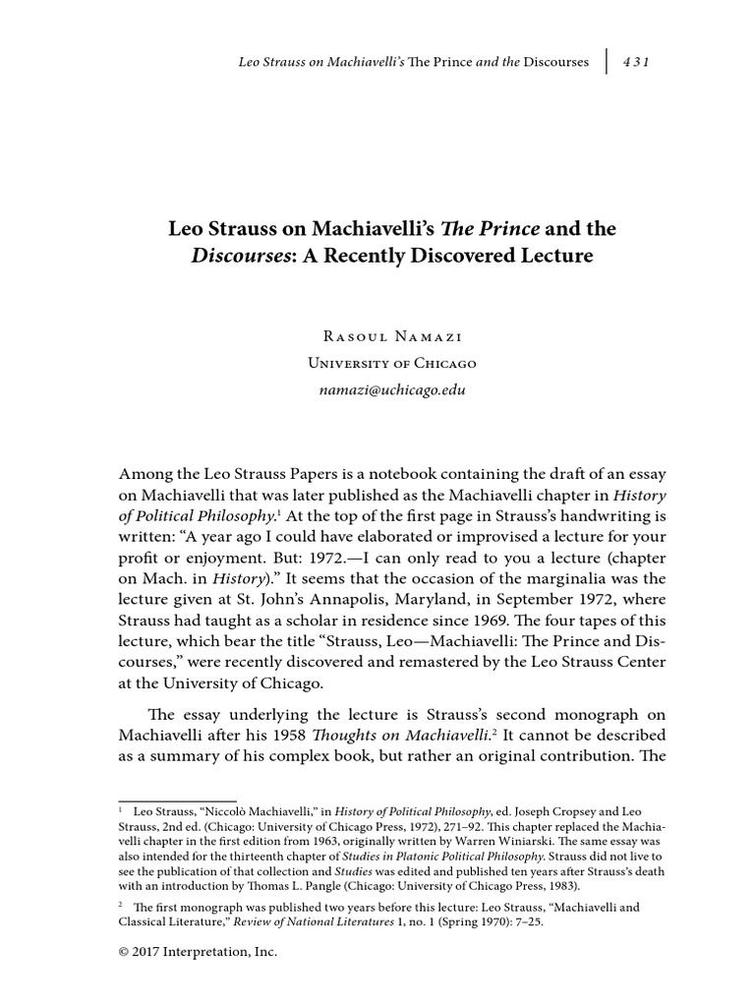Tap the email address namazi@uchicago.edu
391,389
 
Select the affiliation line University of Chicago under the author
391,363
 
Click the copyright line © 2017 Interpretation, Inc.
200,952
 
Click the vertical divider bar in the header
607,62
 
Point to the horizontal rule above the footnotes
178,800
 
